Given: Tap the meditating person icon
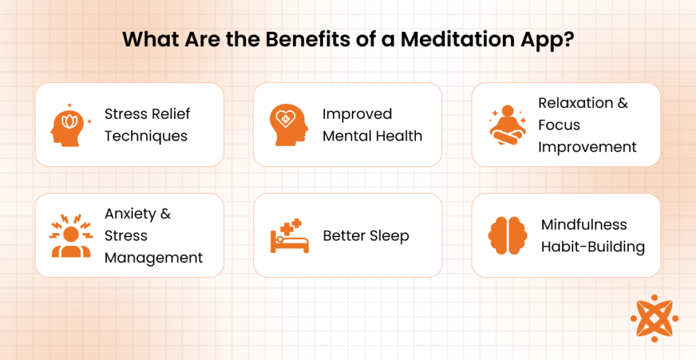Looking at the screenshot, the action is click(508, 125).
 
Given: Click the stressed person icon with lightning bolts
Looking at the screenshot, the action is click(71, 236).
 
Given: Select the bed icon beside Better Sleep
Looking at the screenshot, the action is click(289, 236).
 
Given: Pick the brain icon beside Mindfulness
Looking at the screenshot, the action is click(507, 236).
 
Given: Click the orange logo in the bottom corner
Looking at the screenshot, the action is click(655, 318).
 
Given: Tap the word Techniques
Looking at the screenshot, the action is click(146, 136).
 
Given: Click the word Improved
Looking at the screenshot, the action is click(358, 114).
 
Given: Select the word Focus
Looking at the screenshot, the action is click(559, 124).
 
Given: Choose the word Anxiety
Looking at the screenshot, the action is click(131, 214).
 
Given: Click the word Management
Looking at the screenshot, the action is click(154, 257).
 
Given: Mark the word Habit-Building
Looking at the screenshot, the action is click(593, 247).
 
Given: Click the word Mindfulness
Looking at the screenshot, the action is click(584, 225).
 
